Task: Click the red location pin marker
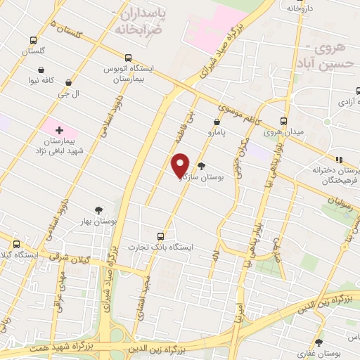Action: pos(181,165)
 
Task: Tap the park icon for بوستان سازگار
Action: pos(202,167)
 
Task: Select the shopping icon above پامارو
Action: pos(216,122)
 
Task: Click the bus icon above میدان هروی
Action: pos(284,120)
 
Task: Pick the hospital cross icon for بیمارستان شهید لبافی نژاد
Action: pos(59,130)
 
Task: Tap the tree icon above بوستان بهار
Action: pos(98,210)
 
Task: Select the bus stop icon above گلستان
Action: pos(33,41)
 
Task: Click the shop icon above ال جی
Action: pos(68,82)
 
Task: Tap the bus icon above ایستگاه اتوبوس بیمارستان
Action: pos(128,58)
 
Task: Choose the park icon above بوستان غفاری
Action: pos(319,342)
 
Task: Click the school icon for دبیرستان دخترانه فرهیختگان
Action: pos(338,160)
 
